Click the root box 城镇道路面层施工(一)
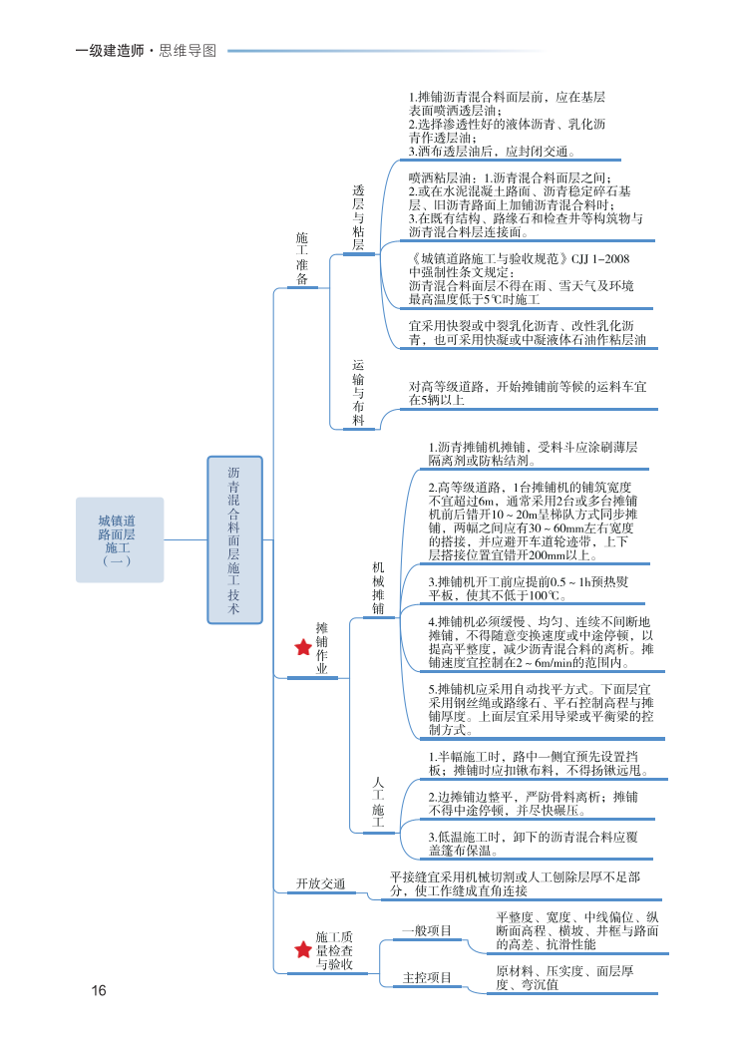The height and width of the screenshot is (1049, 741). pyautogui.click(x=119, y=539)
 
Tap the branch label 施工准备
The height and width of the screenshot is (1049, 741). pyautogui.click(x=302, y=258)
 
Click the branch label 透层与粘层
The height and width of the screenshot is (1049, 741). pyautogui.click(x=358, y=217)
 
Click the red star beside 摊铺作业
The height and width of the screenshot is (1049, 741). pyautogui.click(x=303, y=648)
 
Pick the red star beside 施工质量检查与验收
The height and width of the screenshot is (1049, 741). pyautogui.click(x=303, y=949)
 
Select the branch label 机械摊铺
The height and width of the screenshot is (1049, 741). pyautogui.click(x=378, y=587)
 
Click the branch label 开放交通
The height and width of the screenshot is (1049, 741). pyautogui.click(x=321, y=884)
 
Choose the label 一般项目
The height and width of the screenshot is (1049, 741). pyautogui.click(x=428, y=930)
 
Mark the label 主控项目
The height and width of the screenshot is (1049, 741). pyautogui.click(x=428, y=977)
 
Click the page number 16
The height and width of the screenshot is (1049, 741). pyautogui.click(x=98, y=990)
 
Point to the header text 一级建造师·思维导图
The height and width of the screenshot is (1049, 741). pyautogui.click(x=146, y=51)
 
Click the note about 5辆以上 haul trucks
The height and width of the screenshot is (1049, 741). pyautogui.click(x=528, y=393)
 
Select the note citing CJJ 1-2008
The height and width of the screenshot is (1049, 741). pyautogui.click(x=520, y=278)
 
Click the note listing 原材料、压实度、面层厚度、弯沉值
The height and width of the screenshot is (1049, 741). pyautogui.click(x=564, y=977)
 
